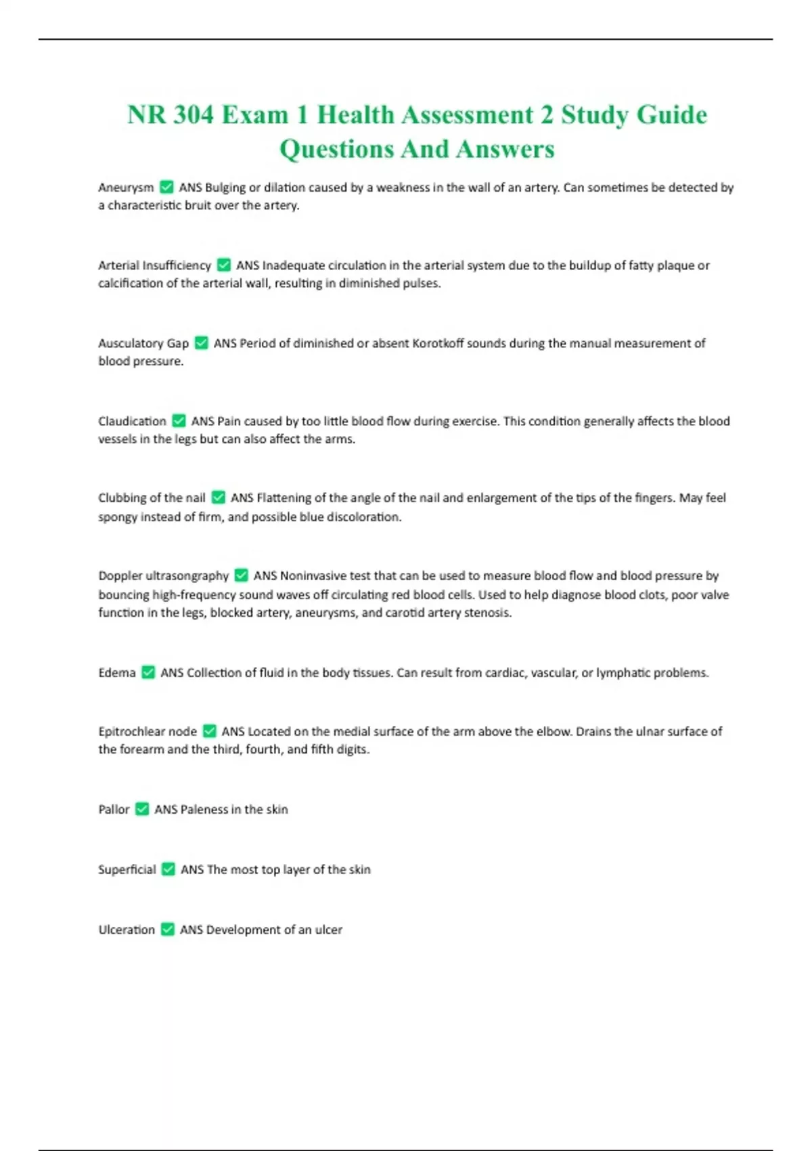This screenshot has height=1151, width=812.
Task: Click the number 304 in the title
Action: point(194,115)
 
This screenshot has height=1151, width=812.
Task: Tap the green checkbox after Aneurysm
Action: point(166,188)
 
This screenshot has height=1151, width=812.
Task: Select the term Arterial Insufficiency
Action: point(154,265)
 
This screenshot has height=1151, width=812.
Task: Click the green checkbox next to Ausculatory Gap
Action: point(201,343)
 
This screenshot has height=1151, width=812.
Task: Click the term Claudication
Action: point(132,421)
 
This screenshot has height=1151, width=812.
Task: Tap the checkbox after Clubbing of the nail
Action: point(218,498)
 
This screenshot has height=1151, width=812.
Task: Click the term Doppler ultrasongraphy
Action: point(163,576)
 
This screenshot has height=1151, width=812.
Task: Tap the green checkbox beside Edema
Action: point(148,673)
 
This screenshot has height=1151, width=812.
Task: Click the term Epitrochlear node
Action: point(148,732)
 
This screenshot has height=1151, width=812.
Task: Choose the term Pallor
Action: point(114,810)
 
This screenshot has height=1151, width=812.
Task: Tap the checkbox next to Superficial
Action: point(168,869)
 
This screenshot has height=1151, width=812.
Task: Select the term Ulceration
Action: point(127,930)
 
